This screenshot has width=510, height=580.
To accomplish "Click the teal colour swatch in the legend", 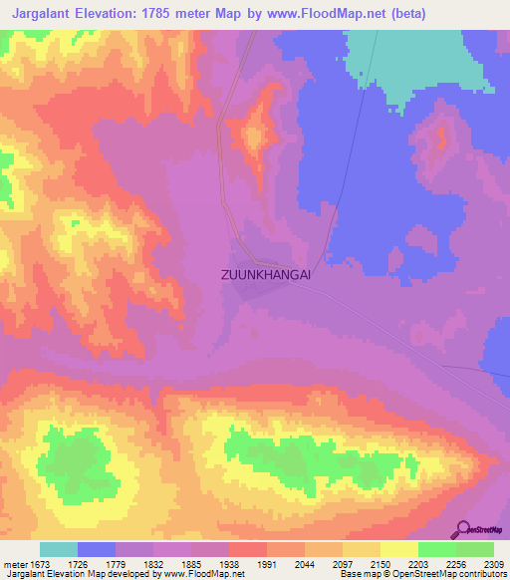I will click(x=59, y=549).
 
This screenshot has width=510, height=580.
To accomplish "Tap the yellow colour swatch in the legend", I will click(x=399, y=549).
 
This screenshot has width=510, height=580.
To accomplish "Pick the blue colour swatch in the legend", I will click(x=97, y=549).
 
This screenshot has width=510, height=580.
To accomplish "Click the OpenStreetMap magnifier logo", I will click(x=464, y=529).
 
